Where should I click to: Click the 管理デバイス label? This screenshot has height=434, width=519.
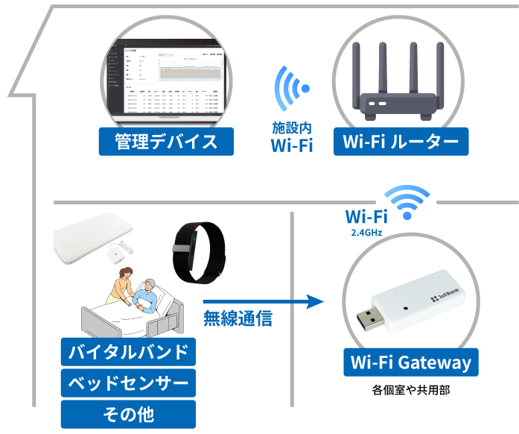166,142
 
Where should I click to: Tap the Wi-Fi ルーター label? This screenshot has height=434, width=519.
401,142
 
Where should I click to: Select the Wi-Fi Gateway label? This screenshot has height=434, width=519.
410,363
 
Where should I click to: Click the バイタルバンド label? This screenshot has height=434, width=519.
128,352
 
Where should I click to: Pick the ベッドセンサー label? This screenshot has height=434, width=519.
128,383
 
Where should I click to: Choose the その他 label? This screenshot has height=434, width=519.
128,414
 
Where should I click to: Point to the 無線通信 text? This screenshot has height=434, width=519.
238,319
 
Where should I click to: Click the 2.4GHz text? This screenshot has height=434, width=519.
366,233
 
